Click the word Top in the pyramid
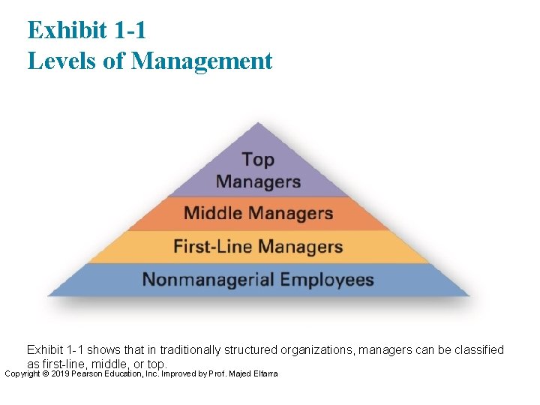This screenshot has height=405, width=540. pos(258,160)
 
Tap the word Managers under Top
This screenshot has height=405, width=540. pos(258,181)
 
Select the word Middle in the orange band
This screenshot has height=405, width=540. pos(214,213)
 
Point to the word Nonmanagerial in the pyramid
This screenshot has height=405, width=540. pos(208,280)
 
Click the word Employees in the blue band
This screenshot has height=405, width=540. pos(326,280)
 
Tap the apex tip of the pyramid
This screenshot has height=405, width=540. pos(258,124)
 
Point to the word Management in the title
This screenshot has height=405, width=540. pos(202,61)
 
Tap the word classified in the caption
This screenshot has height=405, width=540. pos(477,349)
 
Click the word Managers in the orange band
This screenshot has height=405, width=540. pos(290,213)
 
